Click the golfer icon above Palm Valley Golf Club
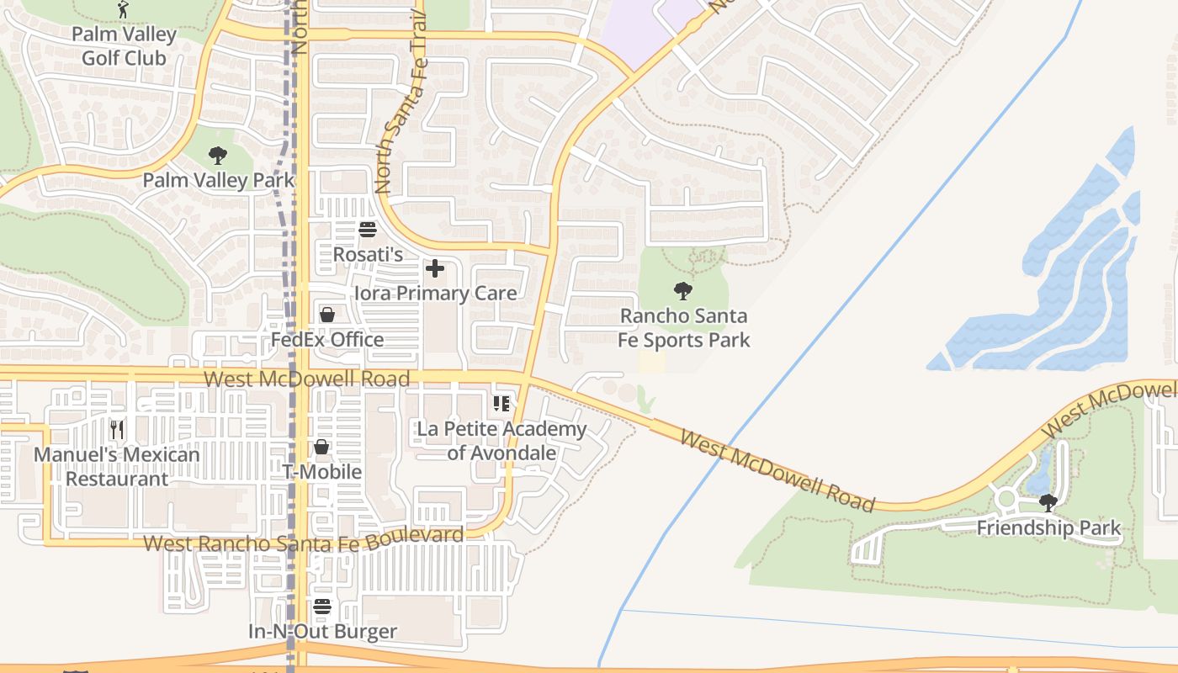(123, 9)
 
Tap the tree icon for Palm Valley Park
(218, 156)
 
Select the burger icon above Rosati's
(368, 229)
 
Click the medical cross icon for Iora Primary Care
(435, 268)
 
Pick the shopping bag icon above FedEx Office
(327, 315)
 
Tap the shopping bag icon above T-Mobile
(321, 447)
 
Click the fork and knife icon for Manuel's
(117, 430)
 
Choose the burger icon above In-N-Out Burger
(322, 607)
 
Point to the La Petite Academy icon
(501, 405)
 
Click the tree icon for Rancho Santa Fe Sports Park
(683, 291)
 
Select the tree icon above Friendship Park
(1048, 503)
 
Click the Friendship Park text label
(1048, 528)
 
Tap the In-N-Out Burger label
(322, 631)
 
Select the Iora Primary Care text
(435, 293)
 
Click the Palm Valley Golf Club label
(124, 46)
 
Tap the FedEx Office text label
(327, 339)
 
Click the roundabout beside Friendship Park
(1006, 499)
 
